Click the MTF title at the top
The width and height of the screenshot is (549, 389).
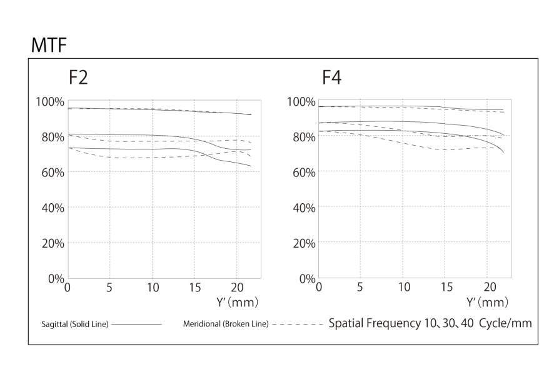pyautogui.click(x=48, y=45)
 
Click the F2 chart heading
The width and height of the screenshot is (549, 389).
pyautogui.click(x=78, y=78)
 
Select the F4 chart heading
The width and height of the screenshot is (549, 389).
pyautogui.click(x=331, y=78)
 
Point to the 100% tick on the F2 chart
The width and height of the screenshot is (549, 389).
pyautogui.click(x=49, y=101)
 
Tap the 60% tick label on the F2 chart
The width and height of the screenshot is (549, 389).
pyautogui.click(x=51, y=172)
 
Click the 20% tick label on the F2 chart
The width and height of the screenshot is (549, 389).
pyautogui.click(x=51, y=243)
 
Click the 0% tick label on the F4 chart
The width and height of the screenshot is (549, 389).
pyautogui.click(x=306, y=278)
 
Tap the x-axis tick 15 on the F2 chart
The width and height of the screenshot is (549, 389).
pyautogui.click(x=194, y=287)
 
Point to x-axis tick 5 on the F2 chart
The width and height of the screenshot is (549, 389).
pyautogui.click(x=109, y=287)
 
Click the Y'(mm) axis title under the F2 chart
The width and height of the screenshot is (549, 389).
pyautogui.click(x=237, y=303)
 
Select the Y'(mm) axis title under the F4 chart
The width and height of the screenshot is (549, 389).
pyautogui.click(x=487, y=303)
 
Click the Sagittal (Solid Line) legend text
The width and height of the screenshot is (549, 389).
pyautogui.click(x=74, y=324)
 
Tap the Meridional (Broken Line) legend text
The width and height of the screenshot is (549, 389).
pyautogui.click(x=225, y=324)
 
